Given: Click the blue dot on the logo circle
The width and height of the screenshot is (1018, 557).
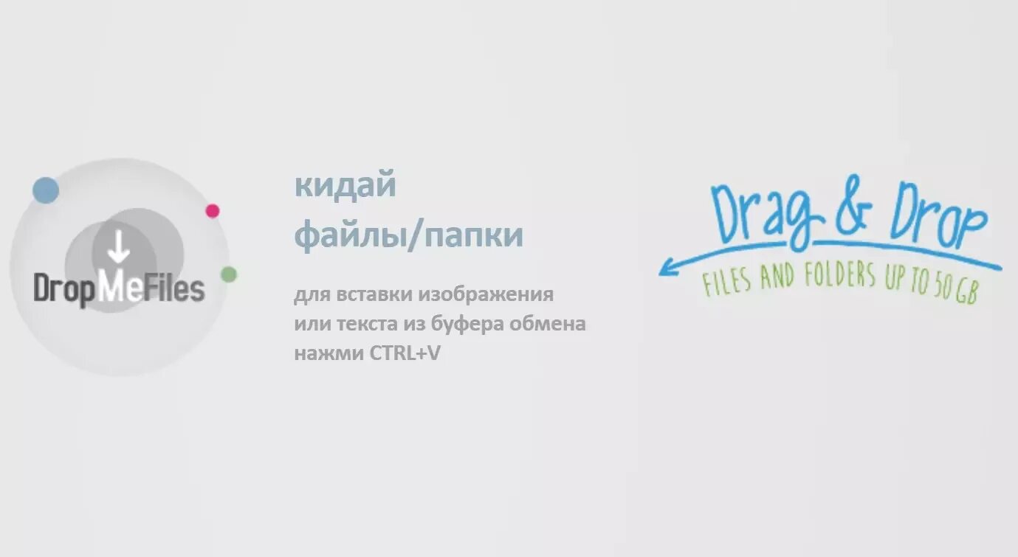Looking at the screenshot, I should (46, 190).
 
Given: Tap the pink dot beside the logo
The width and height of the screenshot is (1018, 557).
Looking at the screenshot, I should (213, 211).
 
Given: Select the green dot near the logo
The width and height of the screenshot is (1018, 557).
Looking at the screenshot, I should (229, 274).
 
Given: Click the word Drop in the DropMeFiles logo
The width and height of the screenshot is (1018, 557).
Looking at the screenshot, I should (65, 288).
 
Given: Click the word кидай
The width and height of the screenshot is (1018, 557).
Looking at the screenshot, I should (345, 185).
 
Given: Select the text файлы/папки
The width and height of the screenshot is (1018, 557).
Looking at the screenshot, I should (409, 235).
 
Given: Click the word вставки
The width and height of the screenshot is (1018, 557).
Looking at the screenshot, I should (375, 295).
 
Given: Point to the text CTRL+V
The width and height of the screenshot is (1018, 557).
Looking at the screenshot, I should (405, 353).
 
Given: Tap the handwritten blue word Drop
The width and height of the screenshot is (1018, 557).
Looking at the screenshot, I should (938, 215).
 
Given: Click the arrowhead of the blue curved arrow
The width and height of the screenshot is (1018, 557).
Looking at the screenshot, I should (664, 269).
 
